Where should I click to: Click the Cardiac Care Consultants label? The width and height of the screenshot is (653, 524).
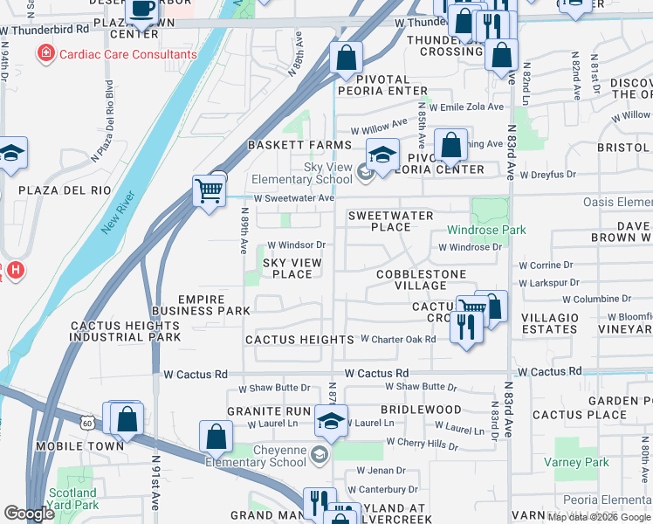[127, 54]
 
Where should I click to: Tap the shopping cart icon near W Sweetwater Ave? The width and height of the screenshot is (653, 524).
[208, 190]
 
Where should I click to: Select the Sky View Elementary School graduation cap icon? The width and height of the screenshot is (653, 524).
[381, 155]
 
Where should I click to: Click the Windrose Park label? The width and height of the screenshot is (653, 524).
[475, 231]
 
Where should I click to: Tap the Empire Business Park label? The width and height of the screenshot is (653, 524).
[201, 305]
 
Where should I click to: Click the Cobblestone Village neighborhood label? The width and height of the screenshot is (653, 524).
[412, 279]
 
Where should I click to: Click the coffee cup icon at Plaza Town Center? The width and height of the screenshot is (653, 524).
[141, 9]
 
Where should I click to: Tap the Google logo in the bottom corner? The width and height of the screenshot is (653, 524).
[29, 514]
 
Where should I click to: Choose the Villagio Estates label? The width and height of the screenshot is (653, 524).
[549, 323]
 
